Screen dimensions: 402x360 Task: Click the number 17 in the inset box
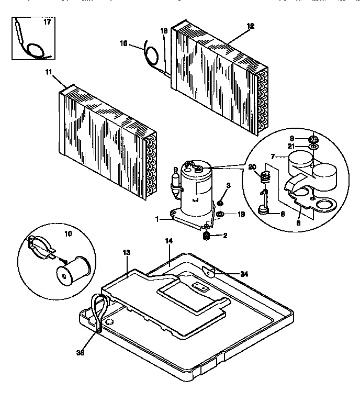pos(47,23)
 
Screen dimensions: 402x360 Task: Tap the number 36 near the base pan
pos(80,353)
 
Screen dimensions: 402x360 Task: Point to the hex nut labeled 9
pos(313,139)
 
